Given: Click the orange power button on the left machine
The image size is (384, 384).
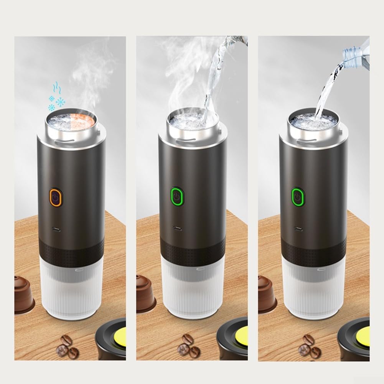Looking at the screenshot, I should (x=56, y=197).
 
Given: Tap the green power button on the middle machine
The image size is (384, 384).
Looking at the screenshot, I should (x=177, y=197).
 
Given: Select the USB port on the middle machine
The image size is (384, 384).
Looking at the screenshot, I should (x=177, y=228).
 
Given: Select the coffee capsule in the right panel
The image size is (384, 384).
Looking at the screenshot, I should (x=267, y=293).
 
